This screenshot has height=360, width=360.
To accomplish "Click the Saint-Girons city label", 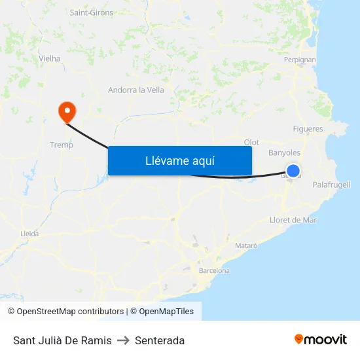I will coord(91,12).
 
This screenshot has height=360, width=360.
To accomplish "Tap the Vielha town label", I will coord(50,58).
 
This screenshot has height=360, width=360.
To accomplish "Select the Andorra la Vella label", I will coord(136,90).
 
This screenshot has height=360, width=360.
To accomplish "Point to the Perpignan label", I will coord(300,60).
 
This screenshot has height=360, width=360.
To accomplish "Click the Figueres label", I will coord(308,129).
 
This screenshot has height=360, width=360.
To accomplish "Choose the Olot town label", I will coord(251,142).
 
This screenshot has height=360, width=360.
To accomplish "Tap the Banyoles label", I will coord(284,153).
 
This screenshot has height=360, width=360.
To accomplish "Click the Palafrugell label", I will coord(331,185).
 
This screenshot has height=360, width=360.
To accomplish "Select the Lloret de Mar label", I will coord(293,220).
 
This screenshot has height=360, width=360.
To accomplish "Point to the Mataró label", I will coord(246,245).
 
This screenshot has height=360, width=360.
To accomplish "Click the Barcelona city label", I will coord(214,270).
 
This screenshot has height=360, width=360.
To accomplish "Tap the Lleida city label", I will coord(29,233).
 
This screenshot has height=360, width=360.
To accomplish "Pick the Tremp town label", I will coord(62,145).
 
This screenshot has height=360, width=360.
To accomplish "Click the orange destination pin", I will coord(67,111).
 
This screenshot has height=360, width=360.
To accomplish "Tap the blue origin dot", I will coord(293,171).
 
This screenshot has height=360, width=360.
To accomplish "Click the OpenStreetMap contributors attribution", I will coord(65,312).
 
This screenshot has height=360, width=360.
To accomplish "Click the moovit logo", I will coord(321,339).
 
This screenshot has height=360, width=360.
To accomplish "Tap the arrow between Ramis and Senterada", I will coord(123,340).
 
